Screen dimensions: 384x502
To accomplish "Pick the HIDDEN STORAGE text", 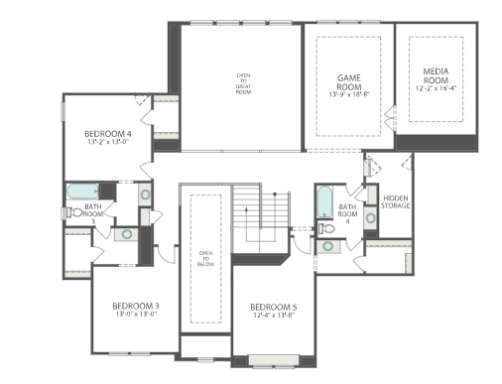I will pyautogui.click(x=395, y=201).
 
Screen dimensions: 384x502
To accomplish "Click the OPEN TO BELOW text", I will pyautogui.click(x=205, y=258).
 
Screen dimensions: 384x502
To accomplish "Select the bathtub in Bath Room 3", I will pyautogui.click(x=79, y=192).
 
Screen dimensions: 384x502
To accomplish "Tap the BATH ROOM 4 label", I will pyautogui.click(x=347, y=212).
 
